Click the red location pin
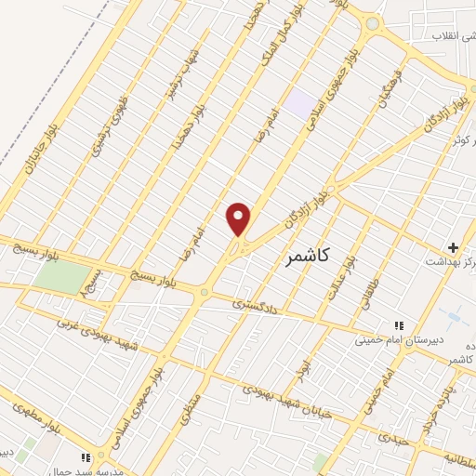[x=239, y=218]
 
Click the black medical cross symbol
[x=453, y=247]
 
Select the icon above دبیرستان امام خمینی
[x=399, y=325]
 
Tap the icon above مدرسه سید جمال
[x=87, y=457]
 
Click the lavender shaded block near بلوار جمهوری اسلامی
[x=299, y=103]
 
